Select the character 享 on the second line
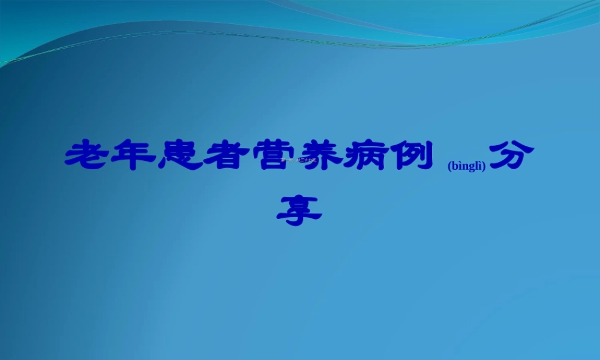[299, 209]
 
